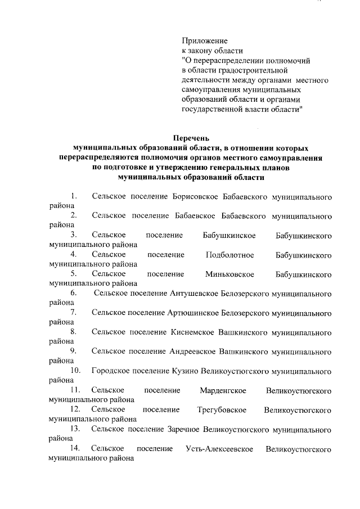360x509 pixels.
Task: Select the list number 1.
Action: tap(74, 196)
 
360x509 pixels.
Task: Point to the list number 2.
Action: tap(74, 215)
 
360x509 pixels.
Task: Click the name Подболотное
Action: tap(230, 255)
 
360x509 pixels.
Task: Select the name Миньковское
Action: tap(230, 274)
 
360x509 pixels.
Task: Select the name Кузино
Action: tap(183, 371)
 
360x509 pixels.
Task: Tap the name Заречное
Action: tap(187, 429)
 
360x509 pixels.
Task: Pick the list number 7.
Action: tap(74, 312)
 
